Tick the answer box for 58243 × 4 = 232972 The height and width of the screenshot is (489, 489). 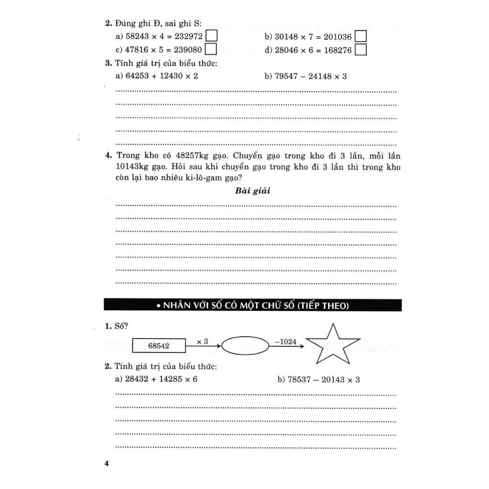click(x=211, y=36)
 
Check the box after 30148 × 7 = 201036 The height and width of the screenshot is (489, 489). click(x=361, y=36)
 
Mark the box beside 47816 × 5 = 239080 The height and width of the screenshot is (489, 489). click(x=211, y=50)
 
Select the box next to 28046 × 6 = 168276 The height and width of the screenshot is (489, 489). click(x=361, y=50)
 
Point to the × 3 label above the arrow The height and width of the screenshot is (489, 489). click(x=202, y=341)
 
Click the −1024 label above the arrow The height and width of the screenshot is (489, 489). click(x=286, y=341)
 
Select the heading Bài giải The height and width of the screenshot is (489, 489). click(x=253, y=191)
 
